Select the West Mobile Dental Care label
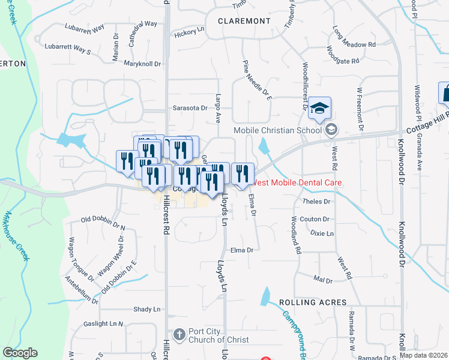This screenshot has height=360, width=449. tap(298, 182)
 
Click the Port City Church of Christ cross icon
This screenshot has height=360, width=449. tap(178, 334)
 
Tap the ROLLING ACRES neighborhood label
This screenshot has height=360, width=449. tap(312, 302)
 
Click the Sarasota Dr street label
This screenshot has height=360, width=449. tap(190, 108)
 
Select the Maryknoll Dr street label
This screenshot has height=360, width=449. tap(143, 64)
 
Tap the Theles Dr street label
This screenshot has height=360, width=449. tap(318, 202)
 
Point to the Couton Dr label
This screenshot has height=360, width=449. tap(315, 220)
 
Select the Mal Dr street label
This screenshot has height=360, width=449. tap(323, 279)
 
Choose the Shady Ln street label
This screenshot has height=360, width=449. tap(148, 310)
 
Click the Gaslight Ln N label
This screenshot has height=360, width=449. tap(103, 324)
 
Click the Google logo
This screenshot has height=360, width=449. tap(20, 353)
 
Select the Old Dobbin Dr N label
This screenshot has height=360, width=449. tap(103, 223)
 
